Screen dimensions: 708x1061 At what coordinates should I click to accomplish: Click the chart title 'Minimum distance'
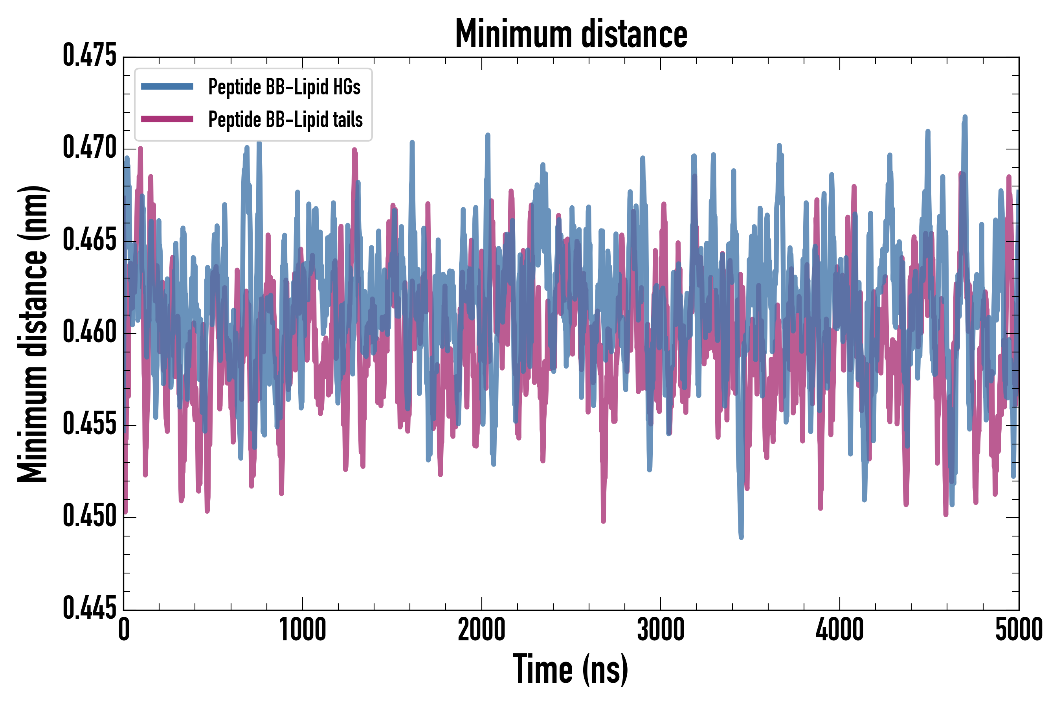point(571,34)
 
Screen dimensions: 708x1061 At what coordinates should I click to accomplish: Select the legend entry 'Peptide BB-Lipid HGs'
point(284,87)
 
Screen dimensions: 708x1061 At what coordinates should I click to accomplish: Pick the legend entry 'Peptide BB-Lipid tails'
point(285,120)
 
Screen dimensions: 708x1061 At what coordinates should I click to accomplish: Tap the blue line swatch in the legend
point(167,86)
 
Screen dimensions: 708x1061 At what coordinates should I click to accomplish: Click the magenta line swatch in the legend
point(167,119)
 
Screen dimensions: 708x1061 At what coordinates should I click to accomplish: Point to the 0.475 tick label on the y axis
point(89,56)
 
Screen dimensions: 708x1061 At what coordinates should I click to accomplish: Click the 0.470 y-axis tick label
point(89,148)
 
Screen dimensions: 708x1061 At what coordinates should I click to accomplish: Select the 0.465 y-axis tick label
point(89,240)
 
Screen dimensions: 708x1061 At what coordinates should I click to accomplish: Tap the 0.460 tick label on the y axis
point(89,332)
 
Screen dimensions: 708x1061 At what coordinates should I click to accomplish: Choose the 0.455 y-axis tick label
point(89,424)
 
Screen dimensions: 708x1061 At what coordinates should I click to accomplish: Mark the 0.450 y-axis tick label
point(89,516)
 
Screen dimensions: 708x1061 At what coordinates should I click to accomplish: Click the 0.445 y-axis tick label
point(89,608)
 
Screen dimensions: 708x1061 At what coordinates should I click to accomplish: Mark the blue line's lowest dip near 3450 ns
point(741,537)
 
